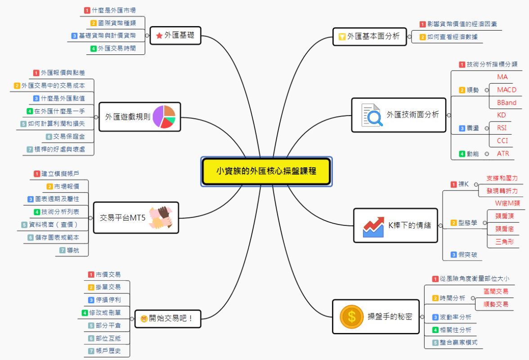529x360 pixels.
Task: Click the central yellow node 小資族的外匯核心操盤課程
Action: click(267, 171)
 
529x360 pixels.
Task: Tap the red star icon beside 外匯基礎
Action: click(159, 36)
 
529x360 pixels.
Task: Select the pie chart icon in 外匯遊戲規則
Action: click(164, 117)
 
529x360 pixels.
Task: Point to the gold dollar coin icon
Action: click(352, 316)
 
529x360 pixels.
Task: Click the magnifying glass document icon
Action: click(372, 115)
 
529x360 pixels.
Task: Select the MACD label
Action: click(507, 90)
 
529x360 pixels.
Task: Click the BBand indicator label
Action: click(507, 103)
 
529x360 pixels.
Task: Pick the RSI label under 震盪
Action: click(502, 128)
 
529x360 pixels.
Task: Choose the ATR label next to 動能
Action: click(503, 153)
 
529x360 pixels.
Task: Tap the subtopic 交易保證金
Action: click(69, 136)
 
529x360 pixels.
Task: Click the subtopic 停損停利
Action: click(108, 299)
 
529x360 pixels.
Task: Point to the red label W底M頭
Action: click(507, 203)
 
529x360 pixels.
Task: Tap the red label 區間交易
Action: click(496, 292)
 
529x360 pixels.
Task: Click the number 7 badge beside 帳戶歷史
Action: click(91, 351)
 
